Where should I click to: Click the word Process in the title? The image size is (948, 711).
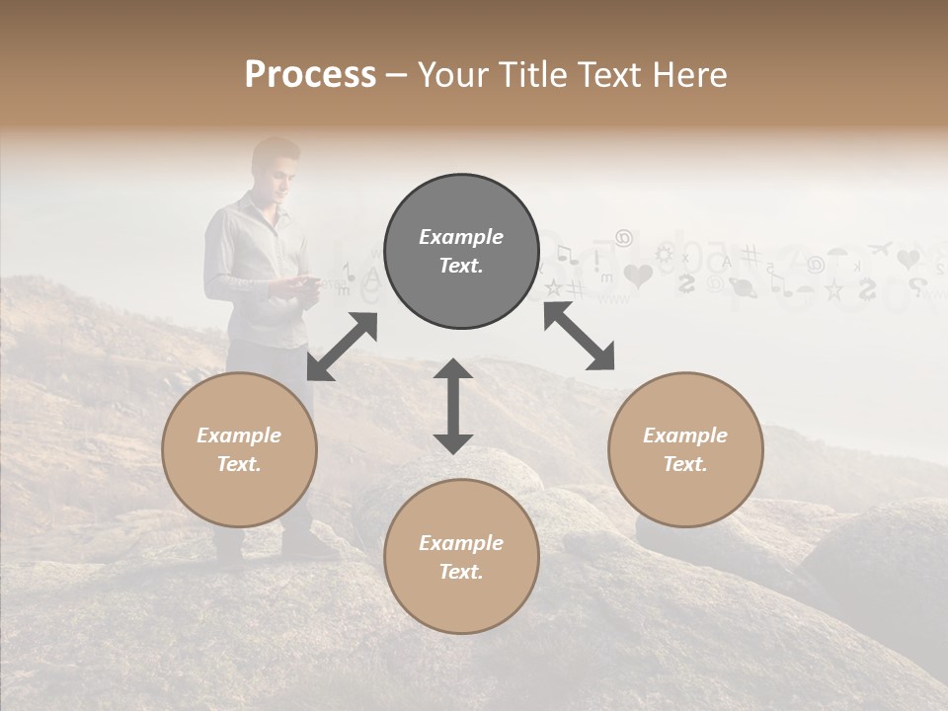point(310,74)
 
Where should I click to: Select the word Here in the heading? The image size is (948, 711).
point(691,74)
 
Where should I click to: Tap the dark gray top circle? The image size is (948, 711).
point(461,251)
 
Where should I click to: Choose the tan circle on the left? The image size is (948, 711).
point(239,449)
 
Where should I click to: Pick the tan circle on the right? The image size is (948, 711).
point(685,449)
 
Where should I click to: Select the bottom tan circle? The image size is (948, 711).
point(461,557)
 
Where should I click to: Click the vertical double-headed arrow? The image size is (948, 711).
point(453,406)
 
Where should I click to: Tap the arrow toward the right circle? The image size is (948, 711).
point(579,337)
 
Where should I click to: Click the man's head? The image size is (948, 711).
point(274,165)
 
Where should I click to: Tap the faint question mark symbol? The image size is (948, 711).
point(916,286)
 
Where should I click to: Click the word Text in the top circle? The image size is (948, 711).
point(461,266)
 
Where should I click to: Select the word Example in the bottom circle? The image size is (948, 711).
point(461,542)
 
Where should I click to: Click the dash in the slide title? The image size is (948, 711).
point(397,75)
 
